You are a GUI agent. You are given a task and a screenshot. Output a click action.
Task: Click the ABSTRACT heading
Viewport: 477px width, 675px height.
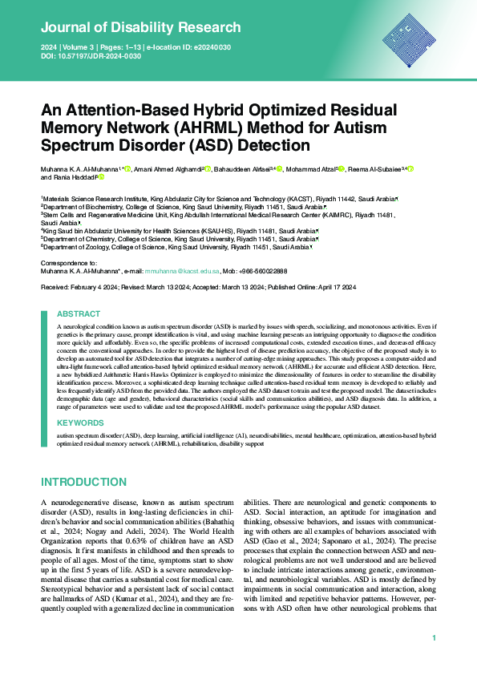point(79,315)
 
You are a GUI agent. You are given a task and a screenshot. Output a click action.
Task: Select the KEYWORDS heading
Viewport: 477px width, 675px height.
point(80,421)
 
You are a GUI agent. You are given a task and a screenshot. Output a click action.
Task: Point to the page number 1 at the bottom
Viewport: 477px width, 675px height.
point(434,638)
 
